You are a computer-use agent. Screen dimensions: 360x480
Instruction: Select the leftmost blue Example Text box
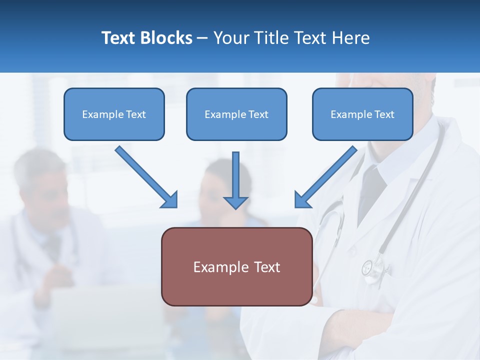pyautogui.click(x=114, y=114)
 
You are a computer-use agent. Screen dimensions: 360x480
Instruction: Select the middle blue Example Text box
pyautogui.click(x=236, y=114)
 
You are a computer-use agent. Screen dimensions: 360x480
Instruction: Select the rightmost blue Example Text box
pyautogui.click(x=362, y=114)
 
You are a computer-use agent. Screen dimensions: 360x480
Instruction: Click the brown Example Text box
pyautogui.click(x=236, y=267)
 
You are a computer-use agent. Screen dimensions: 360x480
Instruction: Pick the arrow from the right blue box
pyautogui.click(x=325, y=176)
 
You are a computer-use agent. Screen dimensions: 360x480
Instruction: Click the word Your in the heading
pyautogui.click(x=231, y=38)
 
